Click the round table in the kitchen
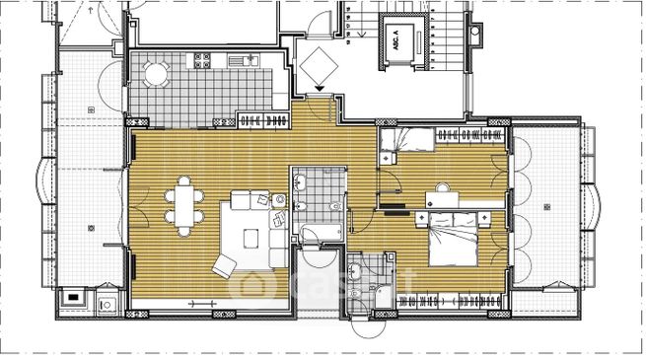point(157,73)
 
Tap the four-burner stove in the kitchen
point(202,60)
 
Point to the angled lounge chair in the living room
point(224,264)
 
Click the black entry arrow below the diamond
point(318,92)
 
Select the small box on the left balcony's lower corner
point(72,296)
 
